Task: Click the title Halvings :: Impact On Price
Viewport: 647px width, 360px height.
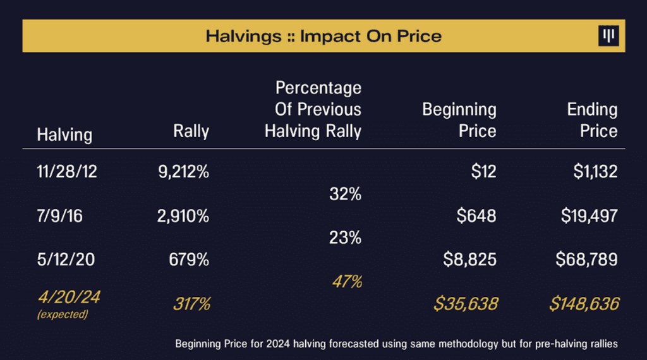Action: [323, 36]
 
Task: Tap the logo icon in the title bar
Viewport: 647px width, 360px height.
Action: [608, 36]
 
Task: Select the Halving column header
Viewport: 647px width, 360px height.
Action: [64, 135]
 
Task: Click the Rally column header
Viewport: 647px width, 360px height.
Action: [191, 131]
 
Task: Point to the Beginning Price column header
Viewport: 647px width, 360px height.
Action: [459, 120]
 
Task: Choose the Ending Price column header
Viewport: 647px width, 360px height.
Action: [592, 120]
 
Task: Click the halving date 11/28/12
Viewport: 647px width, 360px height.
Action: [67, 172]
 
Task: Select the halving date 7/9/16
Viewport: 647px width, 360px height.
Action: [59, 217]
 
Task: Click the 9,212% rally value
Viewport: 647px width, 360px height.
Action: [183, 172]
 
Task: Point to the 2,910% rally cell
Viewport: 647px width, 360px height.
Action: [183, 217]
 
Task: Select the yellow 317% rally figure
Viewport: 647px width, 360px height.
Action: [191, 304]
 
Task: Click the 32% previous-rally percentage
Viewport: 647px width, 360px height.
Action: [346, 195]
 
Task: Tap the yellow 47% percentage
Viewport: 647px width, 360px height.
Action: [347, 282]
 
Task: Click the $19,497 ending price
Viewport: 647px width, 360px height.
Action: [589, 217]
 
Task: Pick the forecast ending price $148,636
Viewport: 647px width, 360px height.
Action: [584, 304]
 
